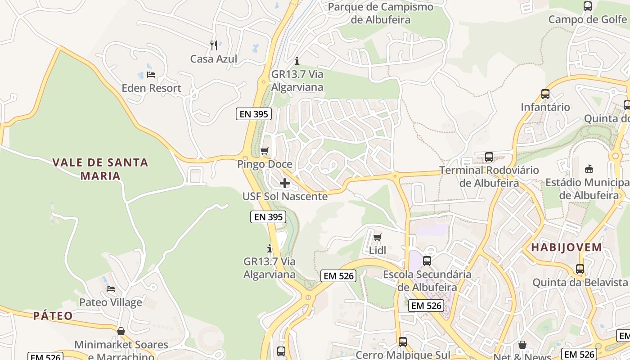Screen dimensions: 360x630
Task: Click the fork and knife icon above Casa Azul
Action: (214, 45)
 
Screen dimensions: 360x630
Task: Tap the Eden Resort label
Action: (151, 88)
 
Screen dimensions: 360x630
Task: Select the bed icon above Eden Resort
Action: (151, 74)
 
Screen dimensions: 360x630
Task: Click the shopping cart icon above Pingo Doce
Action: (265, 151)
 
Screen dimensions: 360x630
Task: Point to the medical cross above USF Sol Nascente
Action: (285, 183)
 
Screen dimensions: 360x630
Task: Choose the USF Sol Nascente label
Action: (285, 197)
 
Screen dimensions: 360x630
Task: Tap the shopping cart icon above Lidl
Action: (378, 237)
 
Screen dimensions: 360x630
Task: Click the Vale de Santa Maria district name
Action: (100, 169)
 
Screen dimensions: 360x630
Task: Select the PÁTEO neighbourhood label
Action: (53, 316)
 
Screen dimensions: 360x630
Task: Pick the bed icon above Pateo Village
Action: (111, 288)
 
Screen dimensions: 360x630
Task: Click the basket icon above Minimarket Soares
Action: (121, 331)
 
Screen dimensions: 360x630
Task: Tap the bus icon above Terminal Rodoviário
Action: (489, 157)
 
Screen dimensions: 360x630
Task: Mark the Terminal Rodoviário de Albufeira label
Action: (489, 177)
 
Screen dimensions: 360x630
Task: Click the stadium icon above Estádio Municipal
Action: (589, 169)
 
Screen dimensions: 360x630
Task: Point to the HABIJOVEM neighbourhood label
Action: (567, 247)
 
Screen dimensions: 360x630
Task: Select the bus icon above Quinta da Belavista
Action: (580, 269)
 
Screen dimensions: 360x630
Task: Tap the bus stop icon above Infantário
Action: (545, 94)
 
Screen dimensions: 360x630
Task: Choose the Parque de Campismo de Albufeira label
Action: (380, 13)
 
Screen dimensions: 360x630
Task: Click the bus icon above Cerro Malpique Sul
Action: (403, 342)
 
